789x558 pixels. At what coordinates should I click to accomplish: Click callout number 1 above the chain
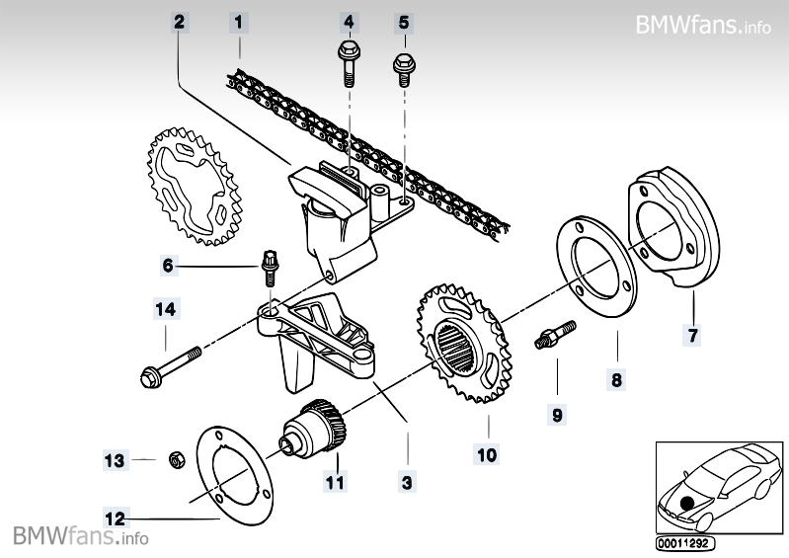pyautogui.click(x=238, y=20)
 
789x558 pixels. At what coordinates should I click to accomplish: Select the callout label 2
pyautogui.click(x=178, y=20)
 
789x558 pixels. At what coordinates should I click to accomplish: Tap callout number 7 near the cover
pyautogui.click(x=693, y=336)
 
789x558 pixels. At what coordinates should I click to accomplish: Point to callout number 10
pyautogui.click(x=487, y=454)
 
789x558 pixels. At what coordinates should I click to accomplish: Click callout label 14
pyautogui.click(x=166, y=310)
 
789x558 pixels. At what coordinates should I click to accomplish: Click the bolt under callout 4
pyautogui.click(x=348, y=61)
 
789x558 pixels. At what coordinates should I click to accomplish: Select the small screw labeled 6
pyautogui.click(x=267, y=267)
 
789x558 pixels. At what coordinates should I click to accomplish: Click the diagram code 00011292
pyautogui.click(x=684, y=542)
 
